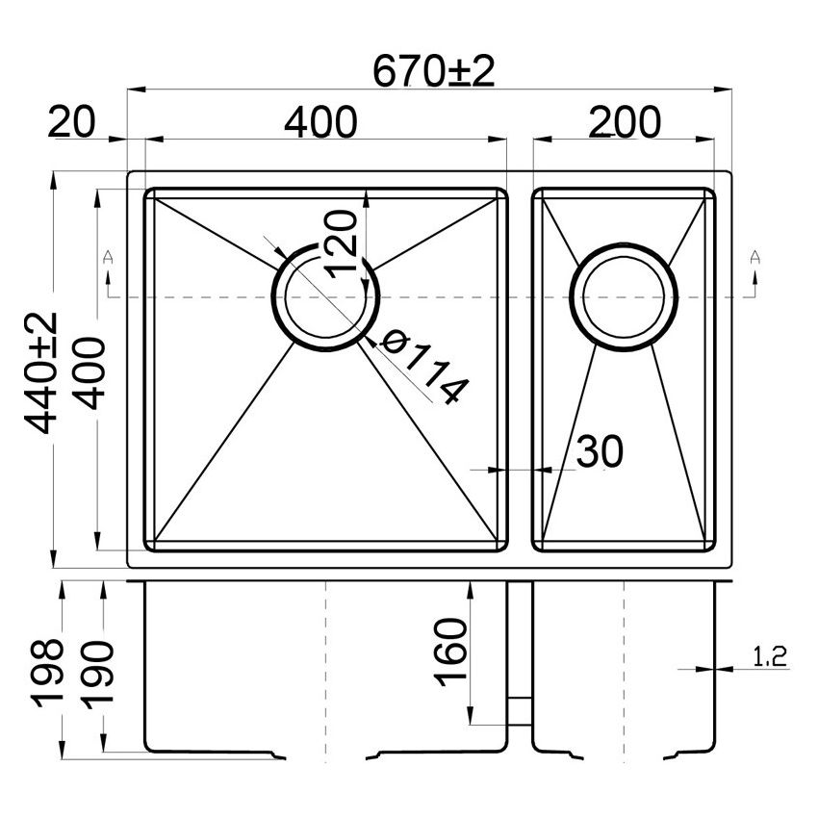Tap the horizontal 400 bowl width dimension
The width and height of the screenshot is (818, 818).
pyautogui.click(x=320, y=122)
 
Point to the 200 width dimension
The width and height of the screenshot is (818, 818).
pyautogui.click(x=625, y=122)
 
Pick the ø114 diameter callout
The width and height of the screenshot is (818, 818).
pyautogui.click(x=423, y=368)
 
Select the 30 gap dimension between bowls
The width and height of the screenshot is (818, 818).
pyautogui.click(x=599, y=450)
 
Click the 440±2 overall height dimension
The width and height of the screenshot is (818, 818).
pyautogui.click(x=42, y=371)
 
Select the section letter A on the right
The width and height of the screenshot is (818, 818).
pyautogui.click(x=755, y=257)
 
